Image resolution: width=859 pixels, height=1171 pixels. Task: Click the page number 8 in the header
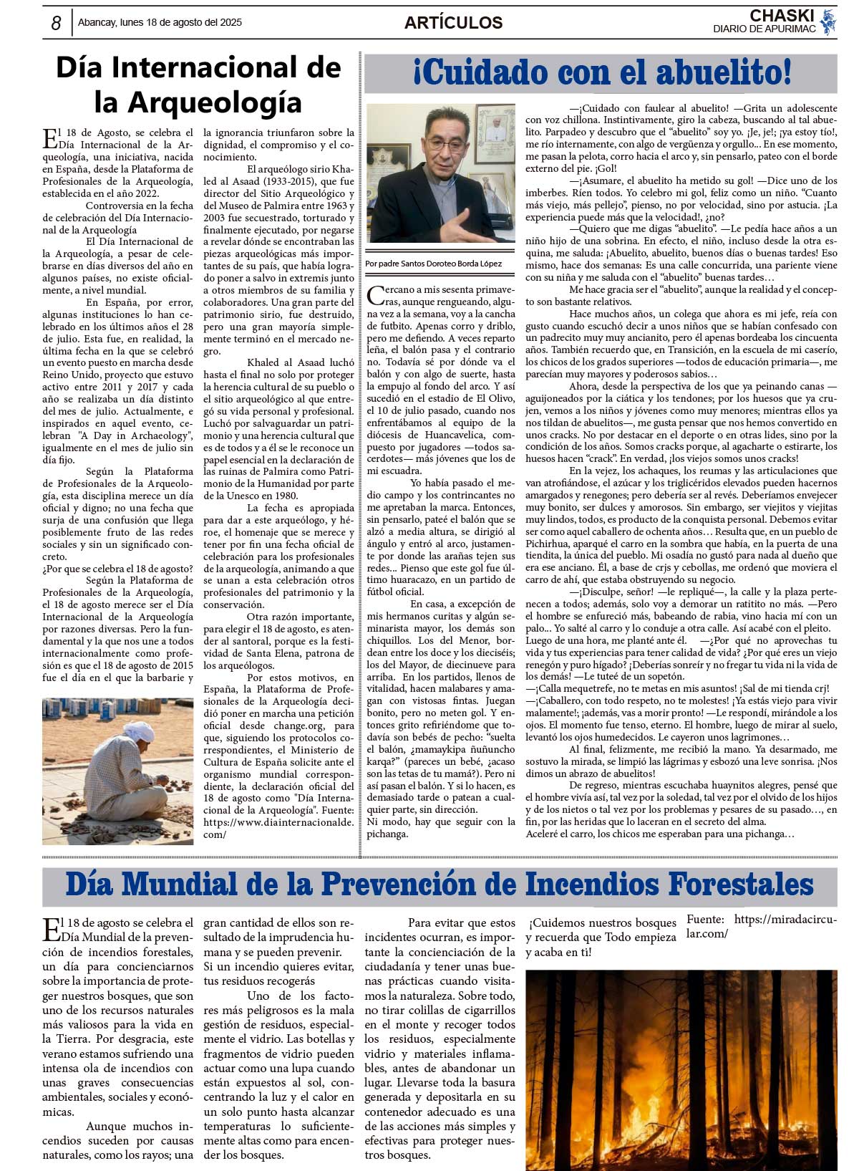click(x=56, y=23)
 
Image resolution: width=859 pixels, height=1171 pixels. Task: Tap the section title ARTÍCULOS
click(x=453, y=23)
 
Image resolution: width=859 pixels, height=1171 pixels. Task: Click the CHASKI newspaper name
click(x=782, y=16)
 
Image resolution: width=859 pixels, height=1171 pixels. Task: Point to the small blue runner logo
click(x=828, y=22)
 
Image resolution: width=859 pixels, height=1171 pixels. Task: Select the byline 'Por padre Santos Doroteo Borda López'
click(x=433, y=264)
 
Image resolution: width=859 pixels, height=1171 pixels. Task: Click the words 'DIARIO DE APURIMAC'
click(x=764, y=29)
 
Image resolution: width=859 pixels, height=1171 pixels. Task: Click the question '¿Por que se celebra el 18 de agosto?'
click(x=117, y=569)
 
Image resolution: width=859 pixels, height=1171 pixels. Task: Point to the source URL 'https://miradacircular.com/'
click(x=762, y=926)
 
